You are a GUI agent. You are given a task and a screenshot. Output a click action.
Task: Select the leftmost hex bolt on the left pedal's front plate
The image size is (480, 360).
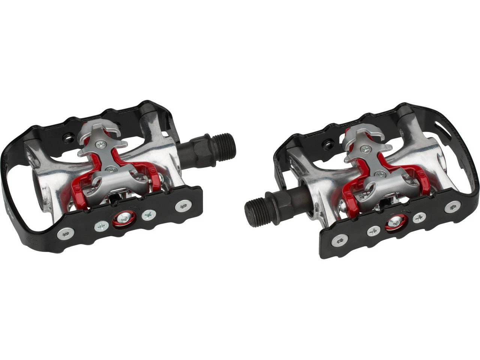[x=64, y=235]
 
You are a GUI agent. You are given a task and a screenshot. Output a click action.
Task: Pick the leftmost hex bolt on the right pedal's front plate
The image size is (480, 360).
[x=340, y=240]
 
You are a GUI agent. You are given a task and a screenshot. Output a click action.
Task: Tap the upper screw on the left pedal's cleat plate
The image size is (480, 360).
[x=100, y=143]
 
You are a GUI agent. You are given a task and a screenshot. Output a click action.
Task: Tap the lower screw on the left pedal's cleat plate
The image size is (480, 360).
[x=111, y=169]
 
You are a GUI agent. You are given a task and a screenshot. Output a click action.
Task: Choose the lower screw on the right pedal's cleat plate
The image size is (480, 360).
[x=380, y=174]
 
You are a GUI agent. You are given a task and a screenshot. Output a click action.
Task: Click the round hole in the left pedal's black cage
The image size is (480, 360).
[x=68, y=138]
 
